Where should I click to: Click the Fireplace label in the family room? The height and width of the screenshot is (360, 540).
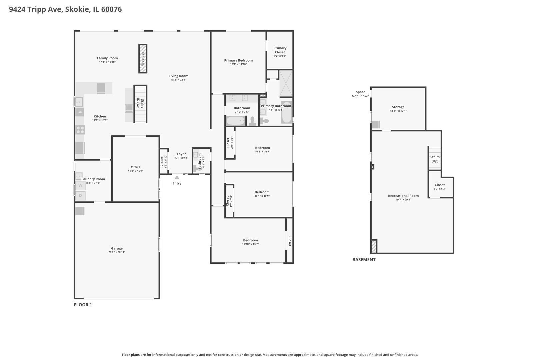coord(143,59)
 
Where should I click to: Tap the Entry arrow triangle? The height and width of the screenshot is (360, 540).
coord(177,178)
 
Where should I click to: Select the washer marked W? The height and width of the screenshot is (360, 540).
coord(80,185)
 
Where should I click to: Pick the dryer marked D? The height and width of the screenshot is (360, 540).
coord(80,196)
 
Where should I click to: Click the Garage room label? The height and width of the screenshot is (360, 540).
coord(117,248)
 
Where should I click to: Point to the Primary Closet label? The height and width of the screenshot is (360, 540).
coord(280,50)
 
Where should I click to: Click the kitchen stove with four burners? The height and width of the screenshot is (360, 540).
coord(80,130)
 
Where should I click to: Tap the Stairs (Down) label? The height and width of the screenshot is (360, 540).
coord(140,104)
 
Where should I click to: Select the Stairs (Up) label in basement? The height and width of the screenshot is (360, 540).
coord(435,159)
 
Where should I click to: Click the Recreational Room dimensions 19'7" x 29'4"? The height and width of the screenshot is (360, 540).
coord(403,200)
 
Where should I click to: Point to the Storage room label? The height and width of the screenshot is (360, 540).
coord(398,107)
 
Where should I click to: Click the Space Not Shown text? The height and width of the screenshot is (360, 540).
coord(360,94)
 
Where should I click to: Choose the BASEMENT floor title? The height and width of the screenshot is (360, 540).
coord(364,260)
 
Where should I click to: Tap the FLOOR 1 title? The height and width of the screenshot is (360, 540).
coord(83,305)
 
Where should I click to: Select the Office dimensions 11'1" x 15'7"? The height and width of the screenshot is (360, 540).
coord(135,171)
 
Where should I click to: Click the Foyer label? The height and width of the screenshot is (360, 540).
coord(181,154)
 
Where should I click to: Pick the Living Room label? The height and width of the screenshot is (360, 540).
coord(178,76)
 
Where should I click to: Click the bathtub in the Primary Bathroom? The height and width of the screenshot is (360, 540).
coord(286,113)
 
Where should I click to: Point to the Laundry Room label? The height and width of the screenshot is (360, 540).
coord(93,179)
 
